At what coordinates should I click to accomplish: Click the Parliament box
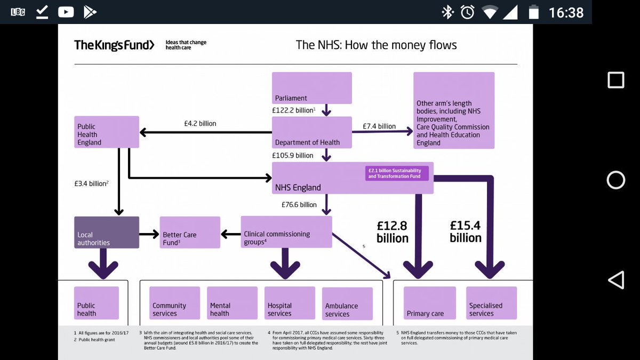pyautogui.click(x=312, y=88)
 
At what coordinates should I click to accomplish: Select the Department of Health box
pyautogui.click(x=312, y=132)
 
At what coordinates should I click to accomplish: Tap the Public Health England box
pyautogui.click(x=107, y=132)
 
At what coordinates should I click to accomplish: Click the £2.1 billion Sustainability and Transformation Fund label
pyautogui.click(x=397, y=173)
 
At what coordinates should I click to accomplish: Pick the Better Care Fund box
pyautogui.click(x=190, y=233)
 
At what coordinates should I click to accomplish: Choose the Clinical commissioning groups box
pyautogui.click(x=286, y=232)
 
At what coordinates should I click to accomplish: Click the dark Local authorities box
pyautogui.click(x=107, y=233)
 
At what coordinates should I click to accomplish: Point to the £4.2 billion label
pyautogui.click(x=200, y=123)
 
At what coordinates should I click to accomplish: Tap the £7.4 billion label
pyautogui.click(x=379, y=126)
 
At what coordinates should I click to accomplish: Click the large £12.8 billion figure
pyautogui.click(x=393, y=232)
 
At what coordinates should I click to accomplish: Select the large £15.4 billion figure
pyautogui.click(x=466, y=231)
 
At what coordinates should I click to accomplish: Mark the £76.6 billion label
pyautogui.click(x=299, y=204)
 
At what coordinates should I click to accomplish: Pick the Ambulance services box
pyautogui.click(x=347, y=303)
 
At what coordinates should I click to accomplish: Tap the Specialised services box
pyautogui.click(x=491, y=303)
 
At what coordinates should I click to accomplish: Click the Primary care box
pyautogui.click(x=429, y=303)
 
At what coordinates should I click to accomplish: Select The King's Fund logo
pyautogui.click(x=114, y=45)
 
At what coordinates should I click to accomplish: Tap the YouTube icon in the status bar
pyautogui.click(x=66, y=12)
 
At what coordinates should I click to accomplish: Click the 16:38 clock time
pyautogui.click(x=566, y=12)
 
